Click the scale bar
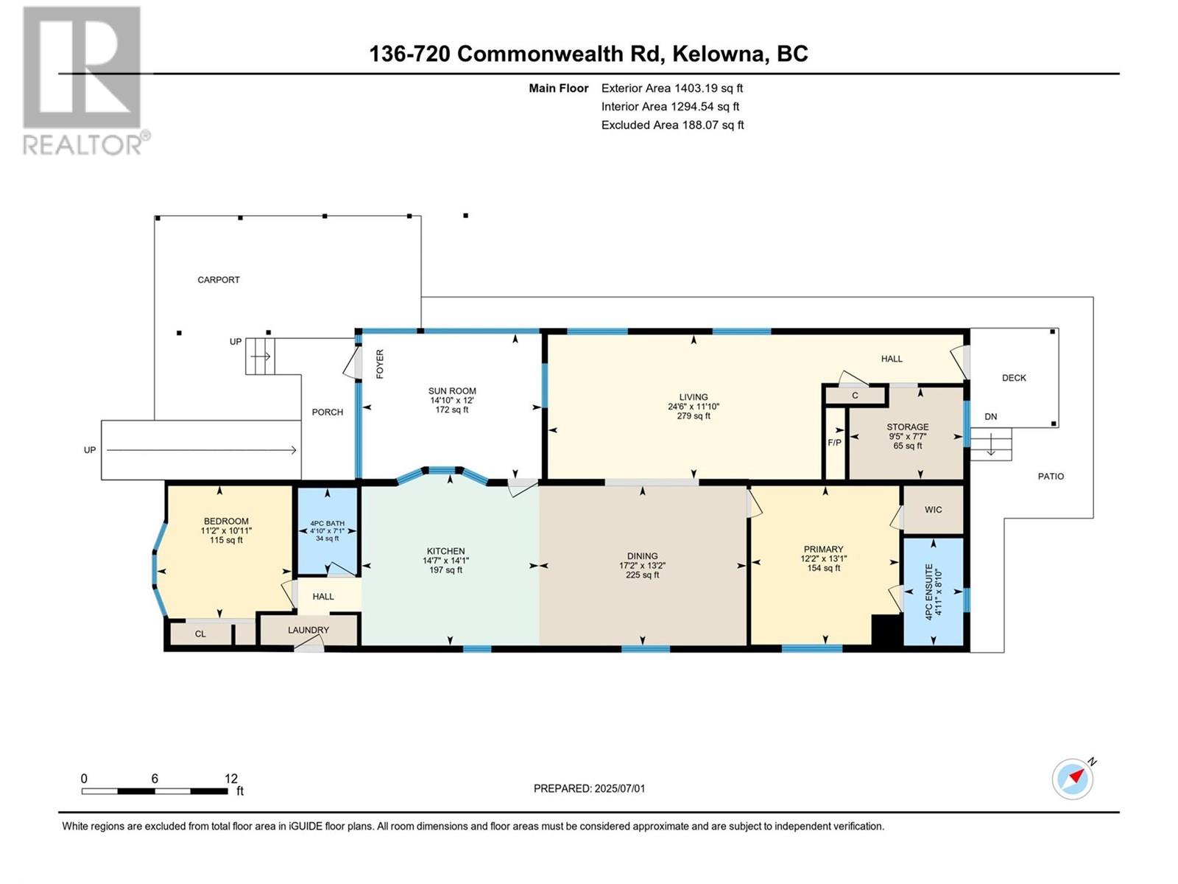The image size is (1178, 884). tap(155, 791)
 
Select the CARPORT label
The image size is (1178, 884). tap(219, 280)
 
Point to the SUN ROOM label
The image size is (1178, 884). tap(452, 390)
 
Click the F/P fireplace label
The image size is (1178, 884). tap(834, 443)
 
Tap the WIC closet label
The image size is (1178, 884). tap(934, 509)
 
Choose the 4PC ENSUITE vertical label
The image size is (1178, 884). tap(929, 592)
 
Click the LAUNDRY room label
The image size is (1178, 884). tap(308, 630)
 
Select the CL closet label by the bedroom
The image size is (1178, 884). tap(200, 634)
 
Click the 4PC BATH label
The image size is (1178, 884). tap(328, 523)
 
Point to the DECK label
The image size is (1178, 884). tap(1014, 378)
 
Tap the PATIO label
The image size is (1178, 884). tap(1051, 476)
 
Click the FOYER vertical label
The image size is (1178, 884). tap(380, 364)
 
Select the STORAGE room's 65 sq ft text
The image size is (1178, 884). tap(908, 446)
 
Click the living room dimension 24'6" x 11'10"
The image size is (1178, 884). tap(694, 407)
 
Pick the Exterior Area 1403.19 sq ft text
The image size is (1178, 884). tap(672, 88)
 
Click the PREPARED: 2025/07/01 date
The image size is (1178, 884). tap(589, 788)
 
